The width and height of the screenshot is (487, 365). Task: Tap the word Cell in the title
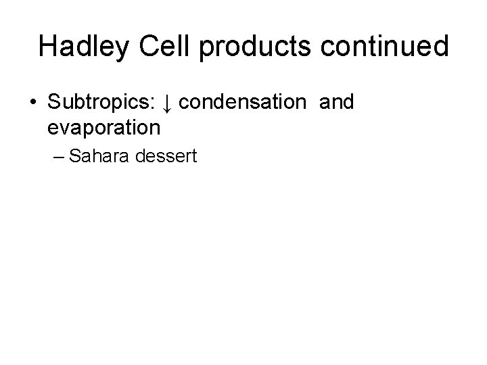click(x=177, y=46)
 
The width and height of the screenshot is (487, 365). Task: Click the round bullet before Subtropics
click(x=32, y=103)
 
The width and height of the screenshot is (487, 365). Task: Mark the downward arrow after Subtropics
click(x=168, y=103)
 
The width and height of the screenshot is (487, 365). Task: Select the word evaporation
click(x=104, y=126)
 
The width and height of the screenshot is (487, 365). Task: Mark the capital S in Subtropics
click(x=55, y=103)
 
